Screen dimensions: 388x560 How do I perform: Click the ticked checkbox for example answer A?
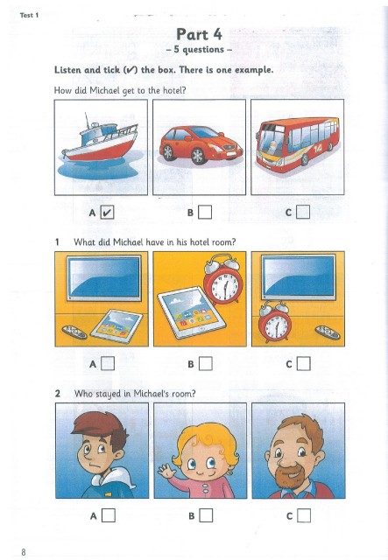click(107, 213)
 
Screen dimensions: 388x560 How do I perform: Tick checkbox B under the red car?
click(205, 212)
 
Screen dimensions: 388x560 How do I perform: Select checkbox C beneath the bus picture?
click(302, 212)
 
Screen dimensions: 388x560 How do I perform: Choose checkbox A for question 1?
click(108, 364)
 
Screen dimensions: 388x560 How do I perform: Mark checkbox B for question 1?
click(205, 364)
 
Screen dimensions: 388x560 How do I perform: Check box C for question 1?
click(303, 364)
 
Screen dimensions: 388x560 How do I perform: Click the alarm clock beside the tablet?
click(222, 279)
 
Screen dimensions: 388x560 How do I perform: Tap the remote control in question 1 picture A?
click(74, 332)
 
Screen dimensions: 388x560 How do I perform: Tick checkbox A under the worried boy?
click(109, 515)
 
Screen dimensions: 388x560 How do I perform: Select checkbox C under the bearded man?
click(304, 515)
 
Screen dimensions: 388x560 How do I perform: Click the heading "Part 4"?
click(199, 34)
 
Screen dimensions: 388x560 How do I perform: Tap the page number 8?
click(24, 552)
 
